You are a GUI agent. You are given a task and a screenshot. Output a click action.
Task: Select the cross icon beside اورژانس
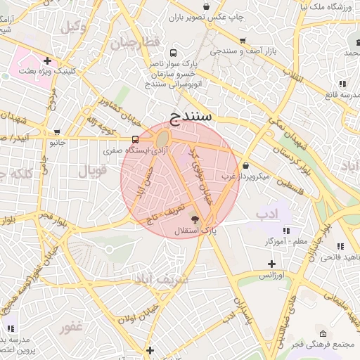click(271, 264)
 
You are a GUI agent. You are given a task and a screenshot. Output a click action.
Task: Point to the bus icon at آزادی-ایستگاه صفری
click(136, 139)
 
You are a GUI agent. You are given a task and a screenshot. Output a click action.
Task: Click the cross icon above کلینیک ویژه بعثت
click(47, 60)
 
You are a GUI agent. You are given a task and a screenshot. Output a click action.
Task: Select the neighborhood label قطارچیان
click(136, 42)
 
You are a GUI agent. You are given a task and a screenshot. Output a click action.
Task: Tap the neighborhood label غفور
click(72, 327)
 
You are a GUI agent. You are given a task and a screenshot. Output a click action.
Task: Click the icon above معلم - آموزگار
click(286, 230)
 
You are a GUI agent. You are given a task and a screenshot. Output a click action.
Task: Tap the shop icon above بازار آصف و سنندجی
click(243, 41)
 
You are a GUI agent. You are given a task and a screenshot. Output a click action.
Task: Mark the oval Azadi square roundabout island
click(163, 139)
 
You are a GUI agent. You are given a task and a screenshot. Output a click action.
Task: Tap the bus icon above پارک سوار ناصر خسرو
click(174, 53)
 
